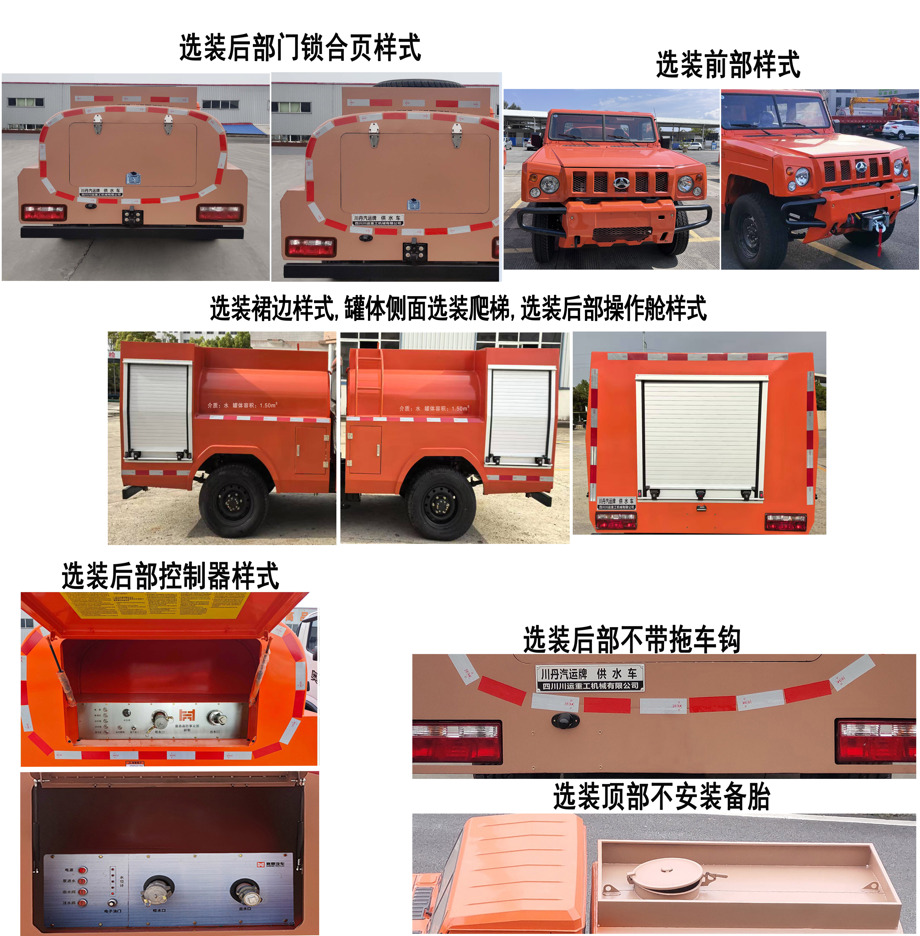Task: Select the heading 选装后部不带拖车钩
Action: click(631, 639)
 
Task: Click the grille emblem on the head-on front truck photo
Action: click(620, 183)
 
